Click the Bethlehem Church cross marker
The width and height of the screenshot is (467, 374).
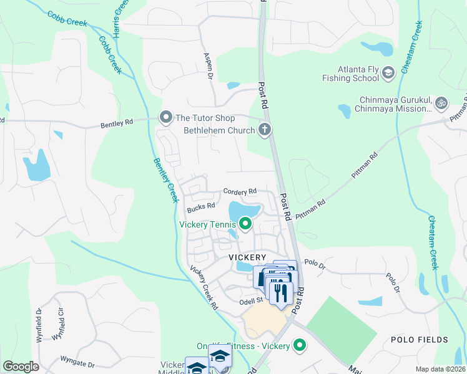[265, 130]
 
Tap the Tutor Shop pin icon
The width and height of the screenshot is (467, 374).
[165, 117]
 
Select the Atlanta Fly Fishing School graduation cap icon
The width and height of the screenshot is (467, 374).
[388, 73]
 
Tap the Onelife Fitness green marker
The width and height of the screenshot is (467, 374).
[300, 345]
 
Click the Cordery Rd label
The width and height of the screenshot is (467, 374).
[240, 192]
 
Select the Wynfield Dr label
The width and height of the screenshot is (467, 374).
[39, 322]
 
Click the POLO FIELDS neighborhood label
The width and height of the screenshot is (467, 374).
[419, 340]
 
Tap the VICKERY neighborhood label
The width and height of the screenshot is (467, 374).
[247, 257]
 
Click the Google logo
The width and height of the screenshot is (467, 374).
[21, 366]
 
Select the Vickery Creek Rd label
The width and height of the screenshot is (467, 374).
[204, 289]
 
